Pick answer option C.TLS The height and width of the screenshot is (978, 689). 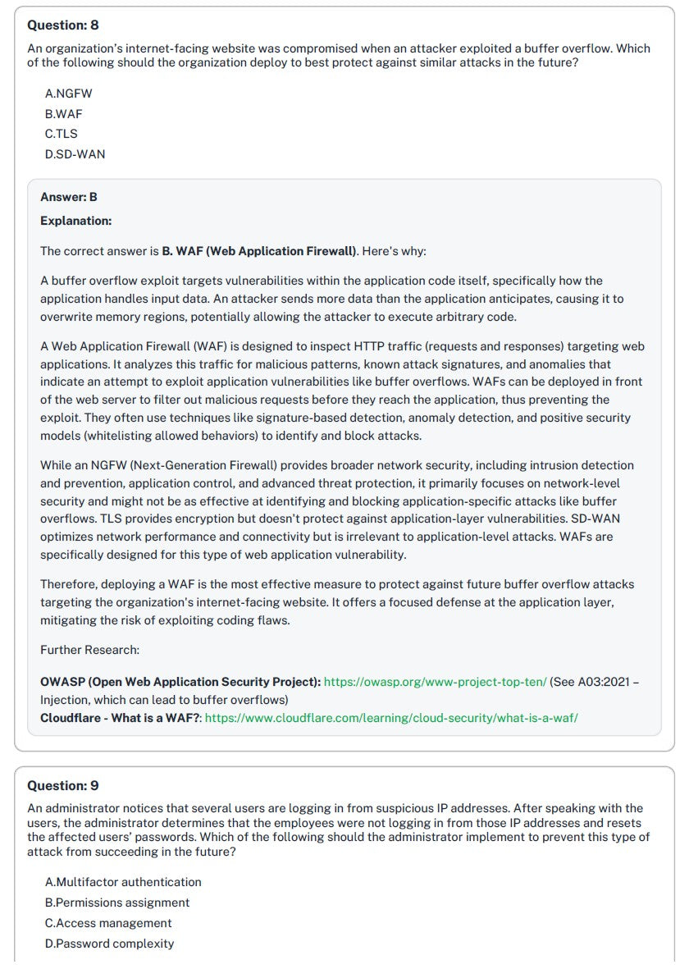[62, 134]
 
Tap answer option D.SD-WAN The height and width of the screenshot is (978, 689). [75, 154]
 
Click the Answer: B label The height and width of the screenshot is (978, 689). [69, 197]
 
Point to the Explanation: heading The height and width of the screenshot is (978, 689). [75, 221]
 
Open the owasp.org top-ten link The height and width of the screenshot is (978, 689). [435, 682]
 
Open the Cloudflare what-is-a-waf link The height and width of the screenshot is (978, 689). [391, 718]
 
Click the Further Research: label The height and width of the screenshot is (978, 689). [89, 650]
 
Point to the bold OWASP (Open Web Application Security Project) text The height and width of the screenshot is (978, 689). [180, 682]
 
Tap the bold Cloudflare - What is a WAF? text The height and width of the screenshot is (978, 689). [121, 718]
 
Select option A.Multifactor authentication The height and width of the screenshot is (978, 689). [123, 883]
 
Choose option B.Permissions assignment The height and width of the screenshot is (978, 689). [117, 903]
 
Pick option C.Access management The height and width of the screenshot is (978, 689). [108, 923]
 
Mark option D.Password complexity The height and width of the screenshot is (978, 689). [109, 944]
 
